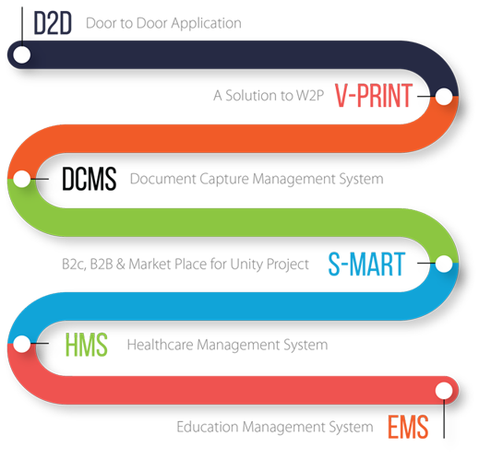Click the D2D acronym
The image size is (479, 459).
(x=53, y=23)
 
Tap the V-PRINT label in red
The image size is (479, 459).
(x=374, y=96)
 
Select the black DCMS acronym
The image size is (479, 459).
(x=90, y=179)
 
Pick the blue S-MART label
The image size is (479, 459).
(x=366, y=264)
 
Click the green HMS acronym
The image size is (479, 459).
(x=87, y=345)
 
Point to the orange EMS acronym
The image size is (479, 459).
(x=408, y=427)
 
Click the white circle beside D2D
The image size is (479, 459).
(x=22, y=55)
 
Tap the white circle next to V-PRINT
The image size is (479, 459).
(x=444, y=96)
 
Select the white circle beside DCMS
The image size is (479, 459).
(x=22, y=179)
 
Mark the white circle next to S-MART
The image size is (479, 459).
(x=444, y=264)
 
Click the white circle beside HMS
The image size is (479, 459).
(x=22, y=344)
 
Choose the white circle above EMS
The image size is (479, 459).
(x=444, y=391)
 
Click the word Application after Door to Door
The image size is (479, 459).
(x=206, y=24)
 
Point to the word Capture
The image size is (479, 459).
(x=224, y=180)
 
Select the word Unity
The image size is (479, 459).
(x=246, y=265)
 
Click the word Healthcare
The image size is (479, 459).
(x=160, y=345)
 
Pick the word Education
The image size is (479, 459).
(x=208, y=427)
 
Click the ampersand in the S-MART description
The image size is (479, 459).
(x=121, y=265)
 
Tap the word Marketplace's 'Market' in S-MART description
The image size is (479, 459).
(x=150, y=265)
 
